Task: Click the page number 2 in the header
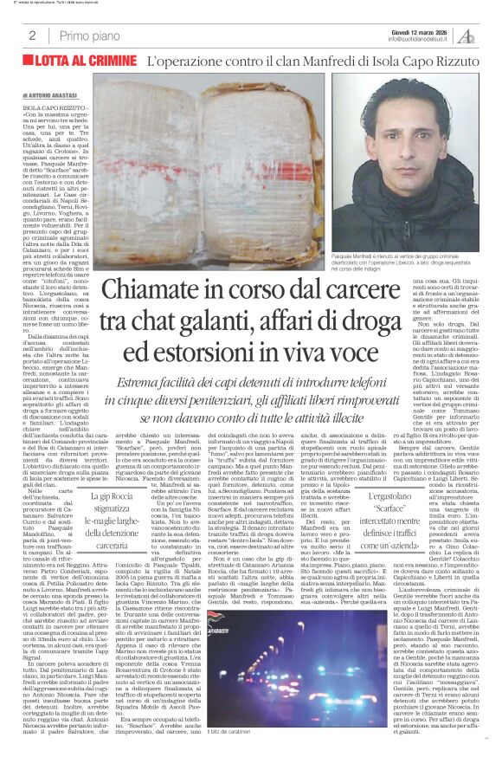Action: click(x=31, y=35)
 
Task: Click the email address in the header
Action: click(x=422, y=39)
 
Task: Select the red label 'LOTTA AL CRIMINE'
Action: click(x=87, y=61)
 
